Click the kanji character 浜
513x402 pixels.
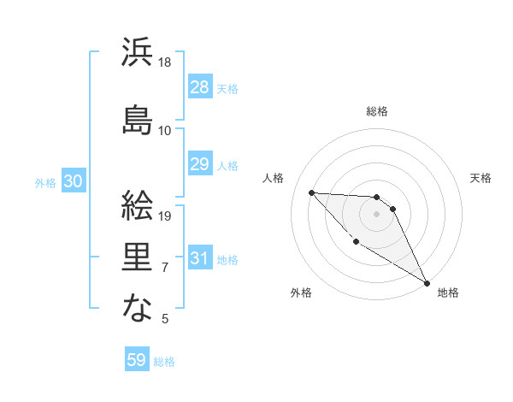pyautogui.click(x=137, y=52)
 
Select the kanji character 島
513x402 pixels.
pyautogui.click(x=137, y=118)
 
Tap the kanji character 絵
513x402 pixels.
pyautogui.click(x=137, y=204)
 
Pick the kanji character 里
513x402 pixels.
pyautogui.click(x=137, y=254)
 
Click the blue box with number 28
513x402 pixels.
pyautogui.click(x=199, y=87)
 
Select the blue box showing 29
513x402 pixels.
pyautogui.click(x=199, y=164)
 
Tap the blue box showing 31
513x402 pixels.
pyautogui.click(x=199, y=258)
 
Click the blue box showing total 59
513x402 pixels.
pyautogui.click(x=137, y=360)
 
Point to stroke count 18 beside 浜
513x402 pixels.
pyautogui.click(x=166, y=62)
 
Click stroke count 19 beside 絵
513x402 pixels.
pyautogui.click(x=166, y=216)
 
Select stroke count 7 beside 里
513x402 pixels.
pyautogui.click(x=165, y=268)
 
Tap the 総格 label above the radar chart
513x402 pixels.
pyautogui.click(x=377, y=111)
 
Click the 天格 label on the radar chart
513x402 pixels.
pyautogui.click(x=481, y=178)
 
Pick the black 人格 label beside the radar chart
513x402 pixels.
pyautogui.click(x=273, y=178)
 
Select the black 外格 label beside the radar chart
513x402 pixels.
pyautogui.click(x=301, y=293)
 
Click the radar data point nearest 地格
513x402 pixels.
pyautogui.click(x=427, y=283)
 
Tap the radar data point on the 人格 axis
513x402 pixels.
pyautogui.click(x=311, y=192)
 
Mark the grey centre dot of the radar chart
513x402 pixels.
pyautogui.click(x=376, y=214)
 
